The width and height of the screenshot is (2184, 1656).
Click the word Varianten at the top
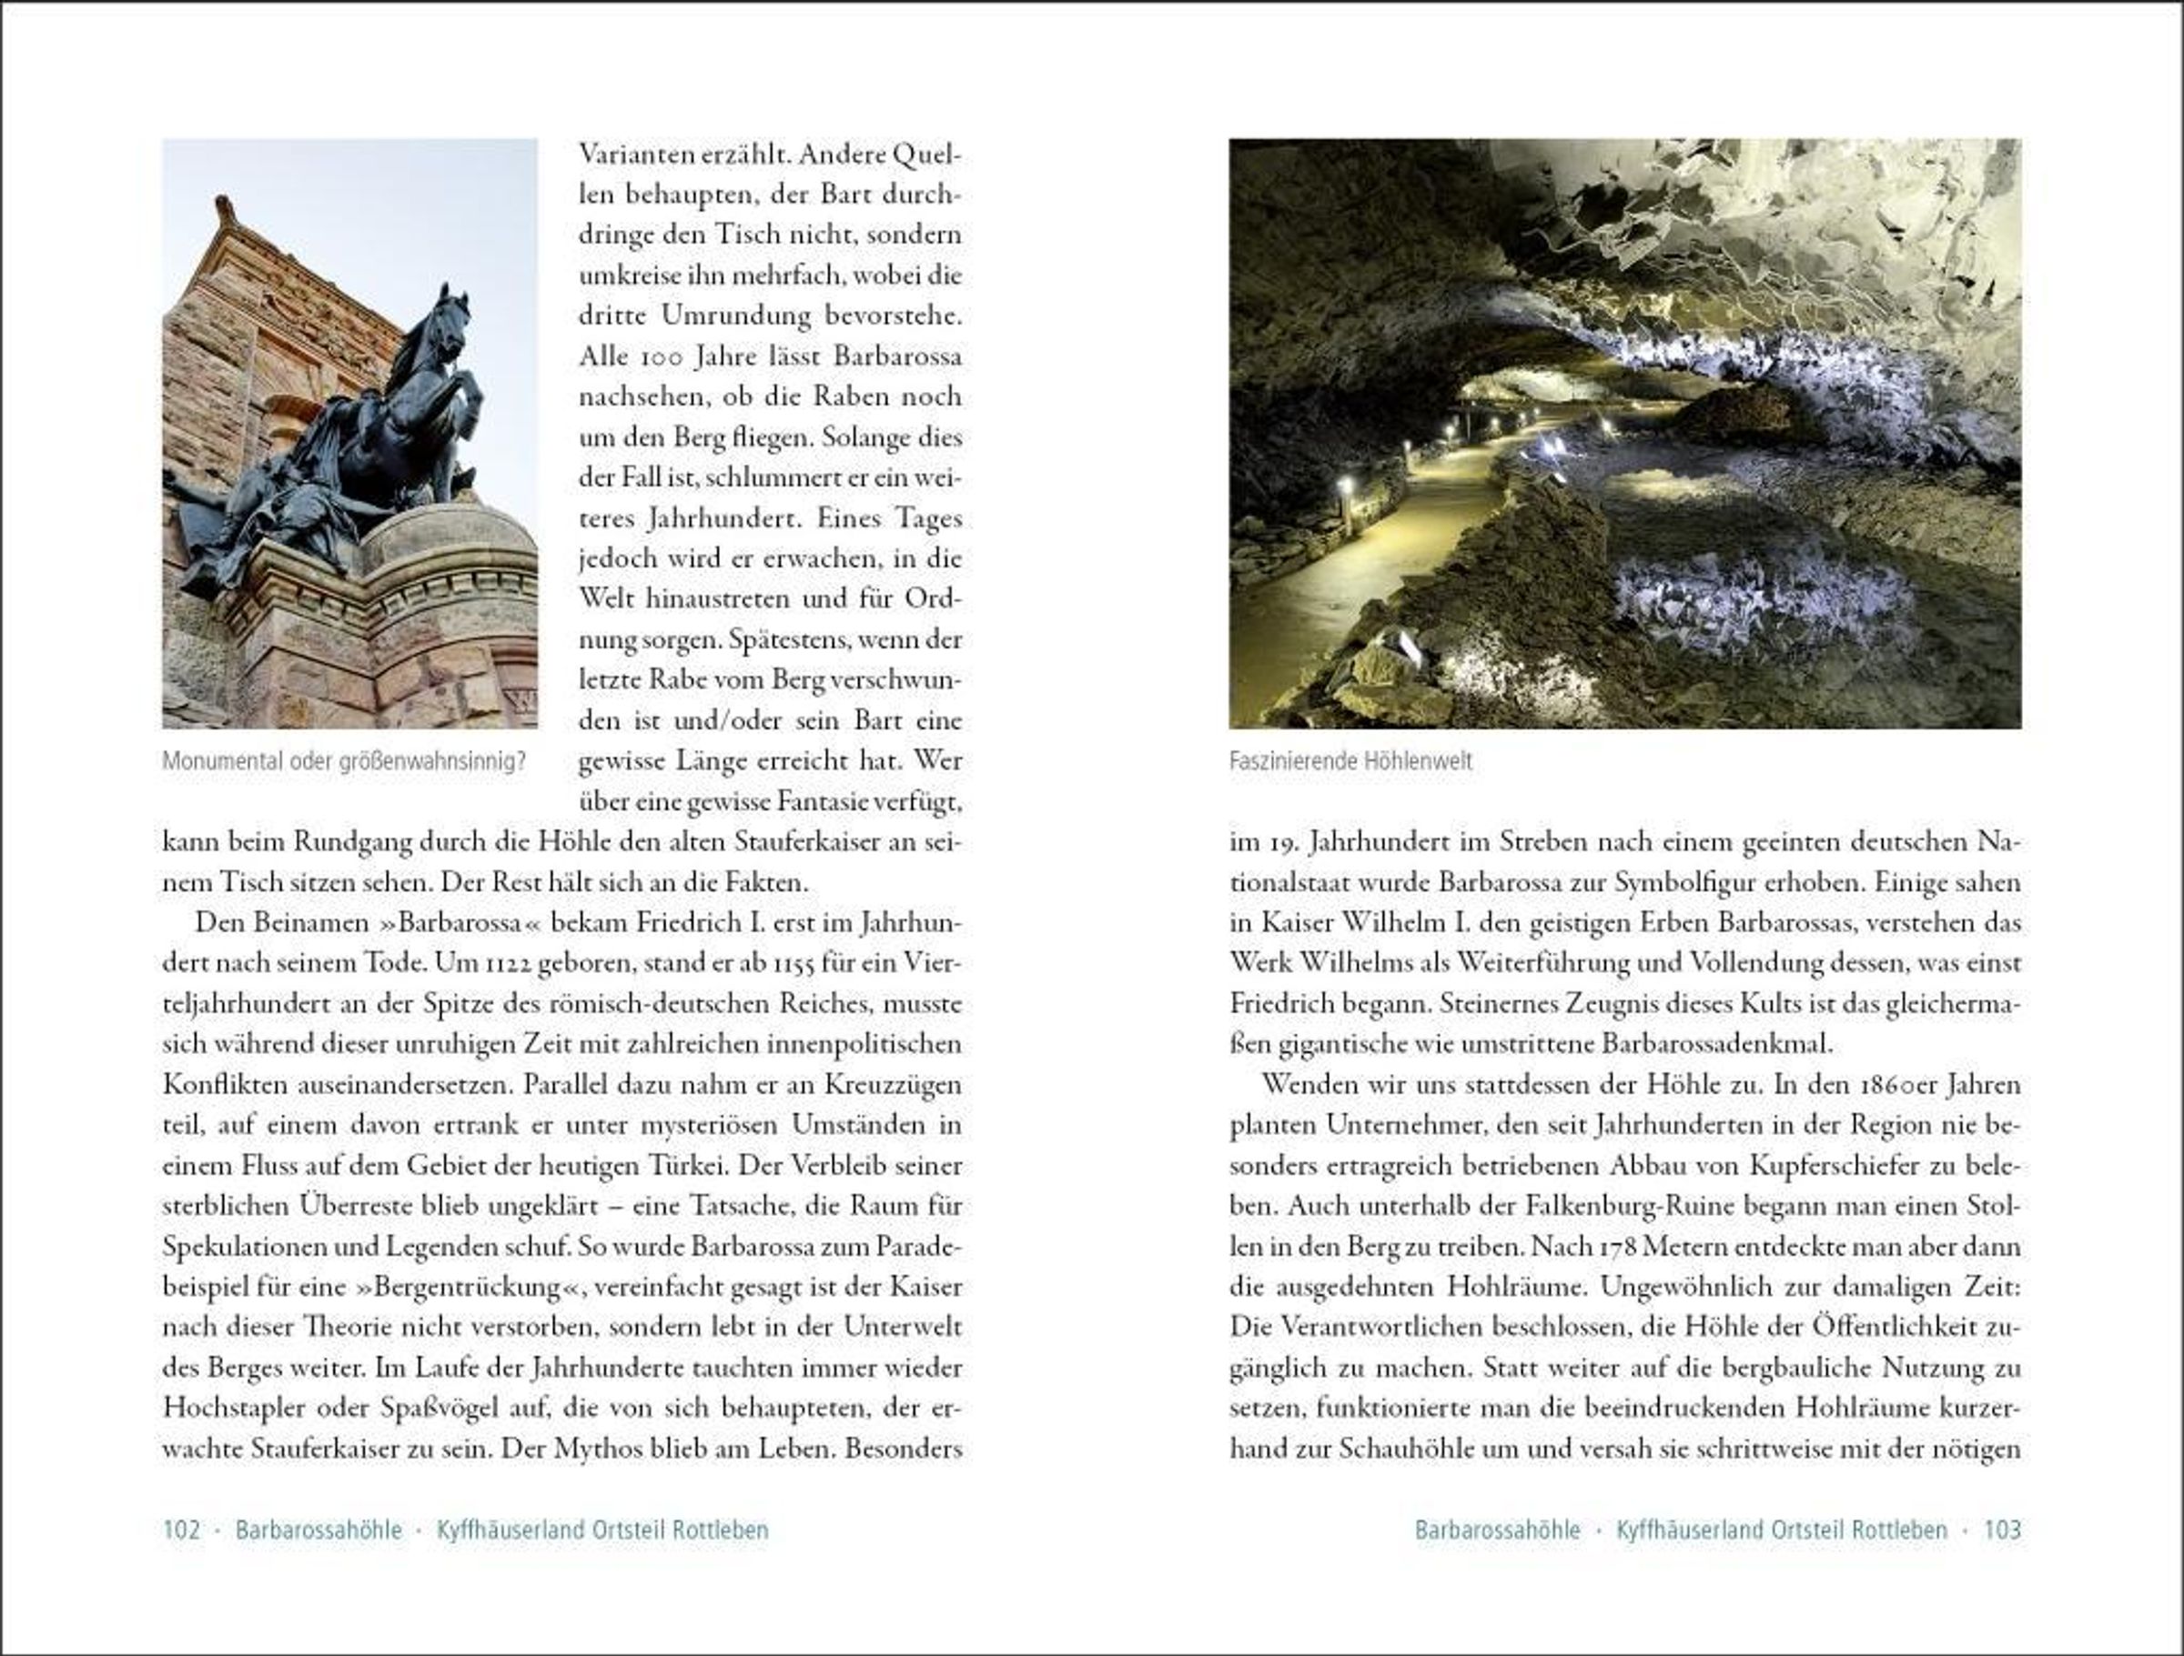632,155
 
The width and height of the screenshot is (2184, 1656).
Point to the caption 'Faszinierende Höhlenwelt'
1350,762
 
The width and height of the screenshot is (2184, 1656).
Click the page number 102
182,1530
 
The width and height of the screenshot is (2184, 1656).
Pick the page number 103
2002,1530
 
